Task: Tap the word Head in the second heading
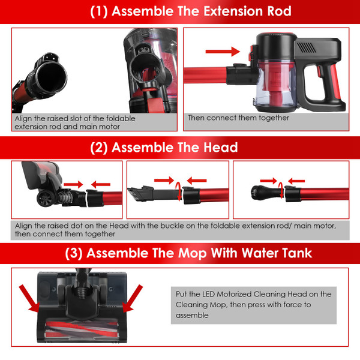[217, 147]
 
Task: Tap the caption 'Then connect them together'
[238, 118]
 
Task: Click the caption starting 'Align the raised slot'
[75, 122]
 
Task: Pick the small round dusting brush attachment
[258, 193]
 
